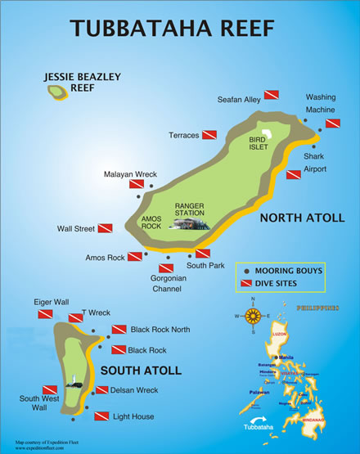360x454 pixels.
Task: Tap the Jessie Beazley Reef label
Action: pyautogui.click(x=83, y=82)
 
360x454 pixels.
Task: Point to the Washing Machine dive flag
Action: pyautogui.click(x=332, y=124)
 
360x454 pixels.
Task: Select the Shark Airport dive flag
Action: pyautogui.click(x=294, y=174)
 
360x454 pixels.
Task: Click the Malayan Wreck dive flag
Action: pyautogui.click(x=136, y=186)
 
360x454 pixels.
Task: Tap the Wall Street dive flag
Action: pyautogui.click(x=106, y=229)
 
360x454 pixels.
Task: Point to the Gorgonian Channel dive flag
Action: pyautogui.click(x=165, y=267)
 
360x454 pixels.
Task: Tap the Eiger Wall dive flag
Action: pyautogui.click(x=45, y=313)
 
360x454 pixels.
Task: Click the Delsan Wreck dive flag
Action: pyautogui.click(x=102, y=390)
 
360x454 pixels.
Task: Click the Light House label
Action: pyautogui.click(x=133, y=417)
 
